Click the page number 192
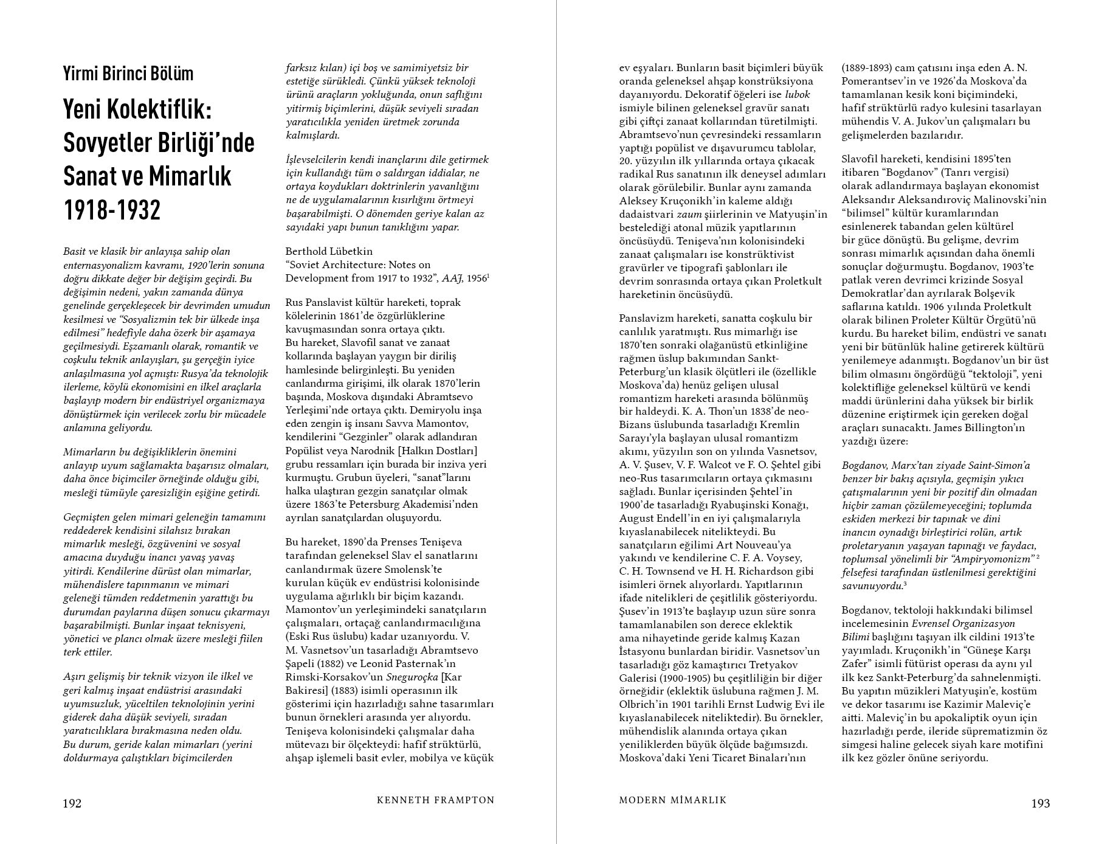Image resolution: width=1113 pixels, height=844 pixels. coord(72,803)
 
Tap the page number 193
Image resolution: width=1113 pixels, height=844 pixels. coord(1041,803)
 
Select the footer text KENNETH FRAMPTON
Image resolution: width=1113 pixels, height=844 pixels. coord(435,800)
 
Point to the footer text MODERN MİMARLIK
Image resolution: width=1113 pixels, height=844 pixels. coord(673,800)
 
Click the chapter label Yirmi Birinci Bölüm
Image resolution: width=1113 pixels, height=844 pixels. coord(128,74)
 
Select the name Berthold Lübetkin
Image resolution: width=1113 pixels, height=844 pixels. coord(329,251)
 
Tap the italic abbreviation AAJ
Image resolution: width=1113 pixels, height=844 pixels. coord(452,278)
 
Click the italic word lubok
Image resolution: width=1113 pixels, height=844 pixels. coord(798,94)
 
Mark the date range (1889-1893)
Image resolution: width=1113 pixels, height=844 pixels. coord(872,67)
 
